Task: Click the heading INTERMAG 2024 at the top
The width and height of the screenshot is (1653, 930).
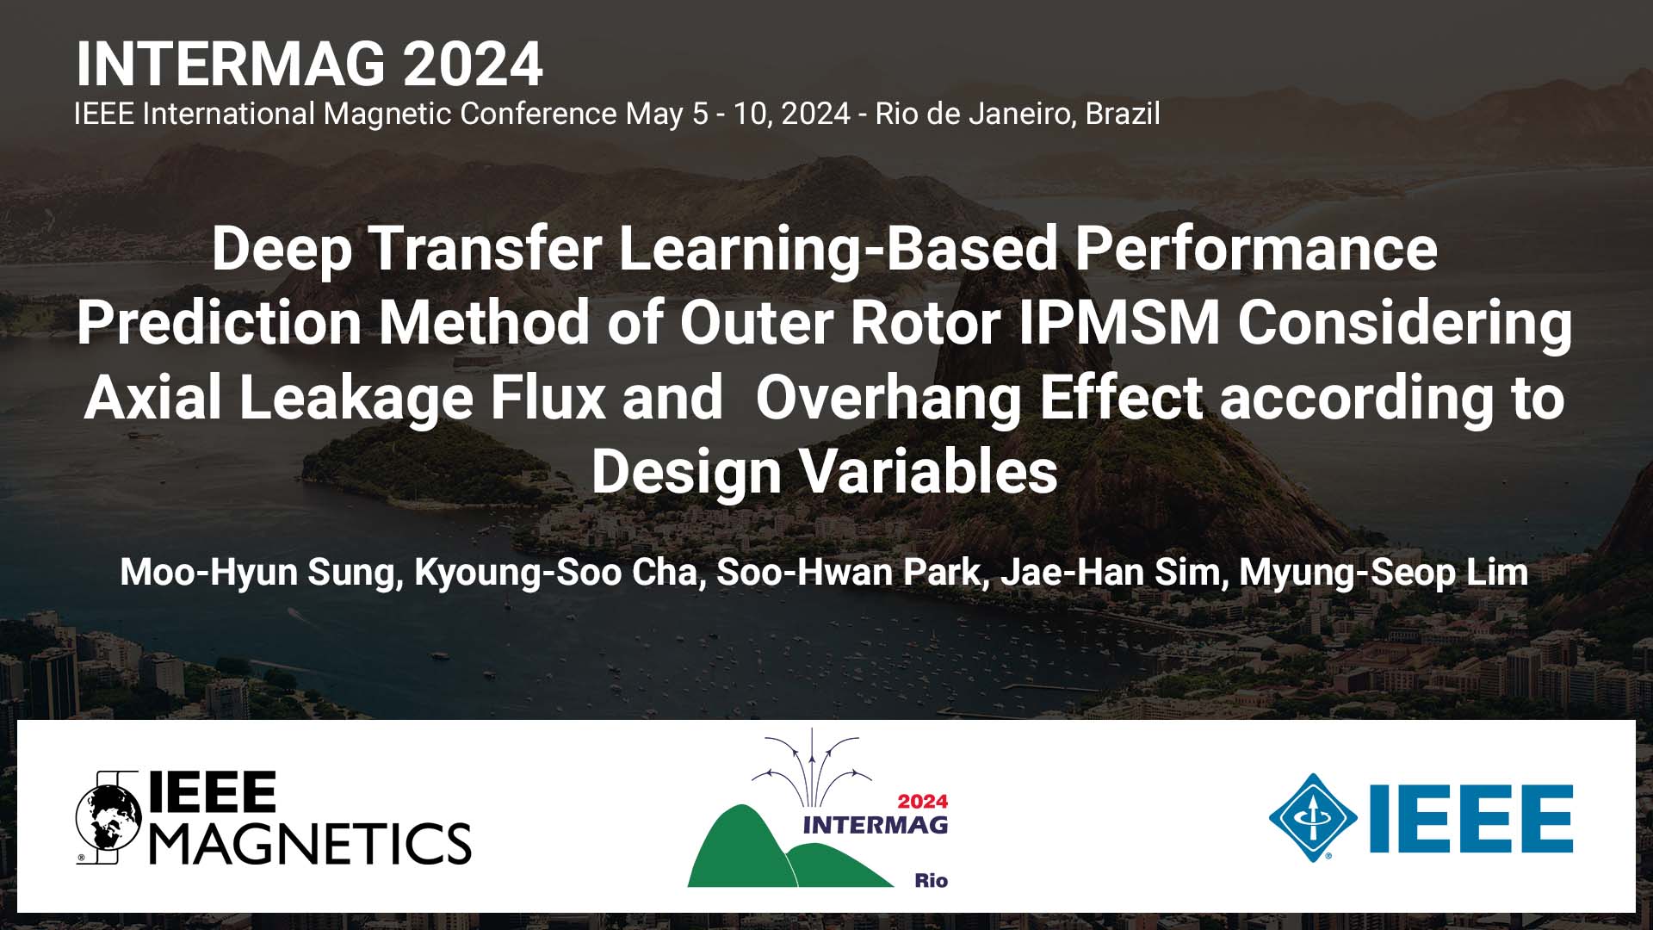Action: (x=309, y=65)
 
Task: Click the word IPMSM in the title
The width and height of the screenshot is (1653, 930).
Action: (x=1119, y=323)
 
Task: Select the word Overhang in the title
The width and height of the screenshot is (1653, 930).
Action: (x=888, y=399)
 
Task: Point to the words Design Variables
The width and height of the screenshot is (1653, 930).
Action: (x=824, y=472)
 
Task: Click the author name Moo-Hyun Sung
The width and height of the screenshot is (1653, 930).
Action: (x=257, y=573)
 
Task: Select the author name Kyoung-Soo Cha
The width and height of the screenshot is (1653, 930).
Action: (x=555, y=573)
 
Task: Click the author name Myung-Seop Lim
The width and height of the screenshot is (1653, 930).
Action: (x=1383, y=573)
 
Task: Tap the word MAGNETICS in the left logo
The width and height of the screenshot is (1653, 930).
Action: (x=310, y=842)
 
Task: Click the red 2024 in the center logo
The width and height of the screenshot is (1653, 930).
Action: (x=922, y=801)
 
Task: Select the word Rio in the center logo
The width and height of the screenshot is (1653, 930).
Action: (x=931, y=880)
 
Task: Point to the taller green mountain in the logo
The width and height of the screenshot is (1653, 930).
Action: (x=740, y=848)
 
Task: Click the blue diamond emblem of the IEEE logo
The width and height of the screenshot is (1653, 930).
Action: (x=1312, y=817)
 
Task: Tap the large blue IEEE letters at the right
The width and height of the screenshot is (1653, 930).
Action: (x=1470, y=818)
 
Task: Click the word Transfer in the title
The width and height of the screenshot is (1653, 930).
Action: (x=484, y=248)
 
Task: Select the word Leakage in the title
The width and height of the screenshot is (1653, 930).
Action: (x=355, y=399)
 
